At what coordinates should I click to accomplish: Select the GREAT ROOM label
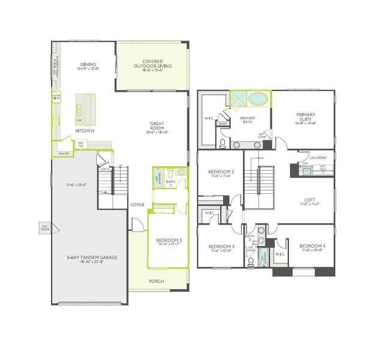tap(157, 127)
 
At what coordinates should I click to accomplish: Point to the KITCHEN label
tap(84, 130)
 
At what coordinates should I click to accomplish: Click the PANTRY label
tap(64, 154)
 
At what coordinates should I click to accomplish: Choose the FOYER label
tap(137, 205)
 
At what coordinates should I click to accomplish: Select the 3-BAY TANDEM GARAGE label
tap(92, 257)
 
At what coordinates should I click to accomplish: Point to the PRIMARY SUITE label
tap(306, 115)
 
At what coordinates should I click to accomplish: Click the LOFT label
tap(311, 201)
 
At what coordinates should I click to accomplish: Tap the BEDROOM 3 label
tap(221, 247)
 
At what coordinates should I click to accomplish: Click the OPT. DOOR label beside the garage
tap(44, 228)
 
